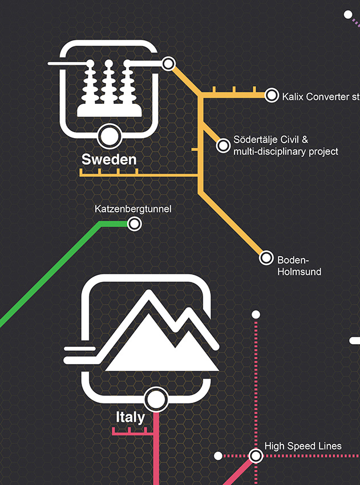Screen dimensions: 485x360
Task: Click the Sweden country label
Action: click(109, 159)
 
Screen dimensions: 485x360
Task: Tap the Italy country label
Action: click(130, 417)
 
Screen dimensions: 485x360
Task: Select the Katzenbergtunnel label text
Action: click(132, 209)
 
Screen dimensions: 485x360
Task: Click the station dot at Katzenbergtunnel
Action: click(135, 224)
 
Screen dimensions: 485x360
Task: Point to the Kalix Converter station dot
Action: click(272, 96)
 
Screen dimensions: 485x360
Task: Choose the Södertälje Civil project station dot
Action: click(223, 146)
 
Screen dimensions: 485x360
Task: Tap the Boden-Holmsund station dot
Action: click(266, 258)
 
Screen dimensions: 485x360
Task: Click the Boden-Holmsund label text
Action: click(299, 265)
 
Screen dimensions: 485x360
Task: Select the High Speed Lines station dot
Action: click(256, 455)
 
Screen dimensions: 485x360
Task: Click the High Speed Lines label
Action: click(303, 446)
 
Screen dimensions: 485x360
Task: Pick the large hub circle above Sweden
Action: click(108, 136)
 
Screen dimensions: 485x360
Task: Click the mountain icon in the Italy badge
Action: click(163, 342)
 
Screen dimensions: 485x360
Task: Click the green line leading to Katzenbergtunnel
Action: click(51, 274)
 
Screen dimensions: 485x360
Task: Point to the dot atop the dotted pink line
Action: click(256, 314)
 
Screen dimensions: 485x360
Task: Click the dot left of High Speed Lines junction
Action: click(218, 456)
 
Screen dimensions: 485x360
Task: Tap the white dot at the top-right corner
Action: click(348, 15)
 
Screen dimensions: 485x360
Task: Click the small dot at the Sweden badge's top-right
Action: click(168, 63)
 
